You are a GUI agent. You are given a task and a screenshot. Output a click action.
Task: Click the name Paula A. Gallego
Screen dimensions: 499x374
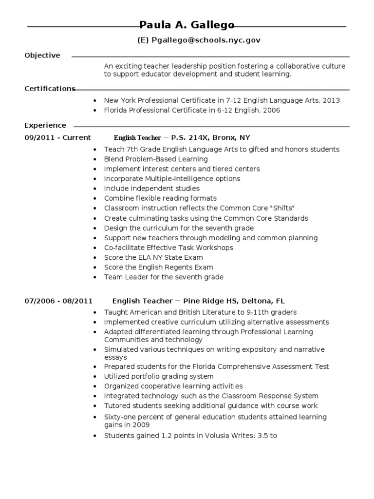tap(187, 25)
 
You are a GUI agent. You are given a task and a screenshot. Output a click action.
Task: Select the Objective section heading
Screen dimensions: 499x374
tap(42, 56)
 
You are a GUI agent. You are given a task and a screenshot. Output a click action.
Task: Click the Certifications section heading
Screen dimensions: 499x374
tap(50, 89)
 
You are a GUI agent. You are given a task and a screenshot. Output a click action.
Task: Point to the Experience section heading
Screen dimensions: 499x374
tap(45, 125)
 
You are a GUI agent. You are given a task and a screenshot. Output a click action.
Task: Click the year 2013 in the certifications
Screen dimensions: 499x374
tap(331, 100)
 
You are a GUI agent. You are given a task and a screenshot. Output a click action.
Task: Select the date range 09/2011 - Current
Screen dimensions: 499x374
tap(57, 138)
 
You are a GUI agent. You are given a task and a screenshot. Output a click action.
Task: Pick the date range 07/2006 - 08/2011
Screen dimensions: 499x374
tap(58, 301)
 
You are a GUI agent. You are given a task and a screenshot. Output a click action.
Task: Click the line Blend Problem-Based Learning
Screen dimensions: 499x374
tap(156, 159)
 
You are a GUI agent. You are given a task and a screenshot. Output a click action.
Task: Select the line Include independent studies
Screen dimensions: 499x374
tap(151, 189)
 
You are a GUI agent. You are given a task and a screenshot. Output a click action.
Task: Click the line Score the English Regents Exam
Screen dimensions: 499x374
tap(158, 267)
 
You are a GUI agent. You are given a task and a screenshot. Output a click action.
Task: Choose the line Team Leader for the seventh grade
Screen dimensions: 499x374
tap(164, 277)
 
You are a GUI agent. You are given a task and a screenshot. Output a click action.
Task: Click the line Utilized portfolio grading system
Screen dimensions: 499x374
tap(159, 377)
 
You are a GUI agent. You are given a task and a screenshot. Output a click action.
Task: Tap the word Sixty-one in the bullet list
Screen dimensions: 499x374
tap(120, 418)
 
